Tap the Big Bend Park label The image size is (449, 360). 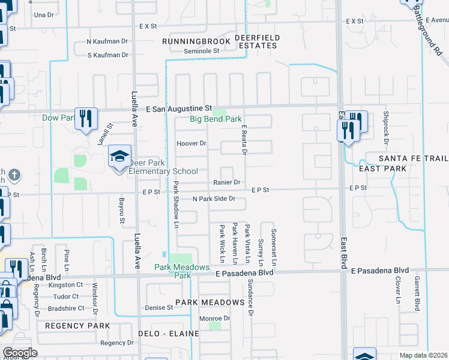click(215, 119)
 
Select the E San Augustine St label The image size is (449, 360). click(179, 109)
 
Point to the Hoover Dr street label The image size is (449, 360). click(191, 144)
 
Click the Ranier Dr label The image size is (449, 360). click(226, 182)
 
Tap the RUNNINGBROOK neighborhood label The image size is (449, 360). click(196, 41)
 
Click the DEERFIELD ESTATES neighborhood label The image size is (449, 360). click(257, 41)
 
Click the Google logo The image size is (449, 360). click(20, 353)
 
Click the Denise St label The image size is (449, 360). click(159, 308)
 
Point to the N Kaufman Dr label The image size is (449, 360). click(107, 42)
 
